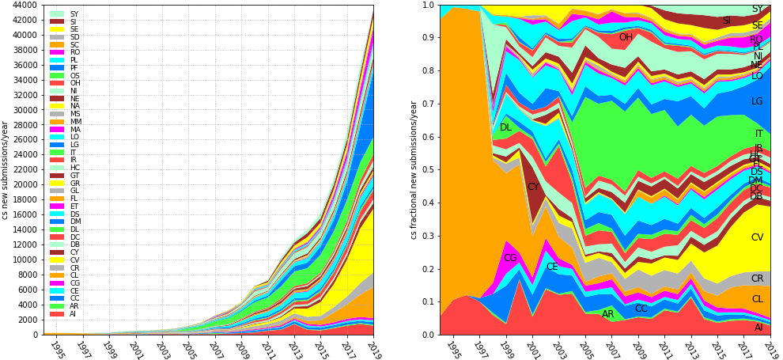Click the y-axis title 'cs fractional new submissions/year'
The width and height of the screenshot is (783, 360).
pos(413,169)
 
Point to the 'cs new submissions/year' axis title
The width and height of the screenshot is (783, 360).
pos(6,169)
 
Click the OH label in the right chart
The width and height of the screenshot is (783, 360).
pos(626,37)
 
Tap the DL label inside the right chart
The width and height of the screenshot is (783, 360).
pos(505,127)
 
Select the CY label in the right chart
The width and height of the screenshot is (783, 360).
pos(533,187)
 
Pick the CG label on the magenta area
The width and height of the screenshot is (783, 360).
pos(510,258)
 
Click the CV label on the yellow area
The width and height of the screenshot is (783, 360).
pos(757,237)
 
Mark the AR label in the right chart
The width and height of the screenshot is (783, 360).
pos(608,314)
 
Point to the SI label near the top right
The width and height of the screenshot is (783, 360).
pos(726,21)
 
